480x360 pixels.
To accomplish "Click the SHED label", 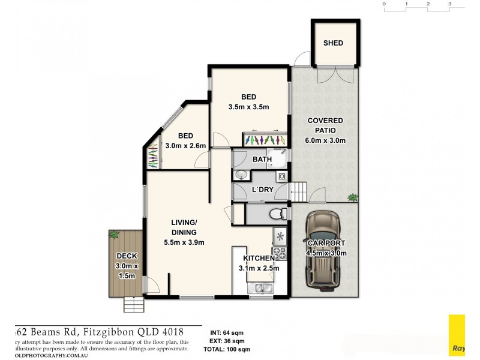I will coord(333,43).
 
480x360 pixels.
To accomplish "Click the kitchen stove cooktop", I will coord(280,254).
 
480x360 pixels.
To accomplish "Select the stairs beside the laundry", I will coord(299,193).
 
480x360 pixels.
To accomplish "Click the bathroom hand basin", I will coord(241,175).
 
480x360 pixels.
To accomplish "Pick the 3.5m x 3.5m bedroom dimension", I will coord(248,107).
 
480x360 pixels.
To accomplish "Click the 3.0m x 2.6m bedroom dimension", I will coord(185,146).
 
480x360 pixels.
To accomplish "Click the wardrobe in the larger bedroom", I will coord(263,139).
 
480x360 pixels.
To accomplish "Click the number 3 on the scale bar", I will coord(449,4).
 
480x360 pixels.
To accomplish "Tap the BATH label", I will coord(262,160).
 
